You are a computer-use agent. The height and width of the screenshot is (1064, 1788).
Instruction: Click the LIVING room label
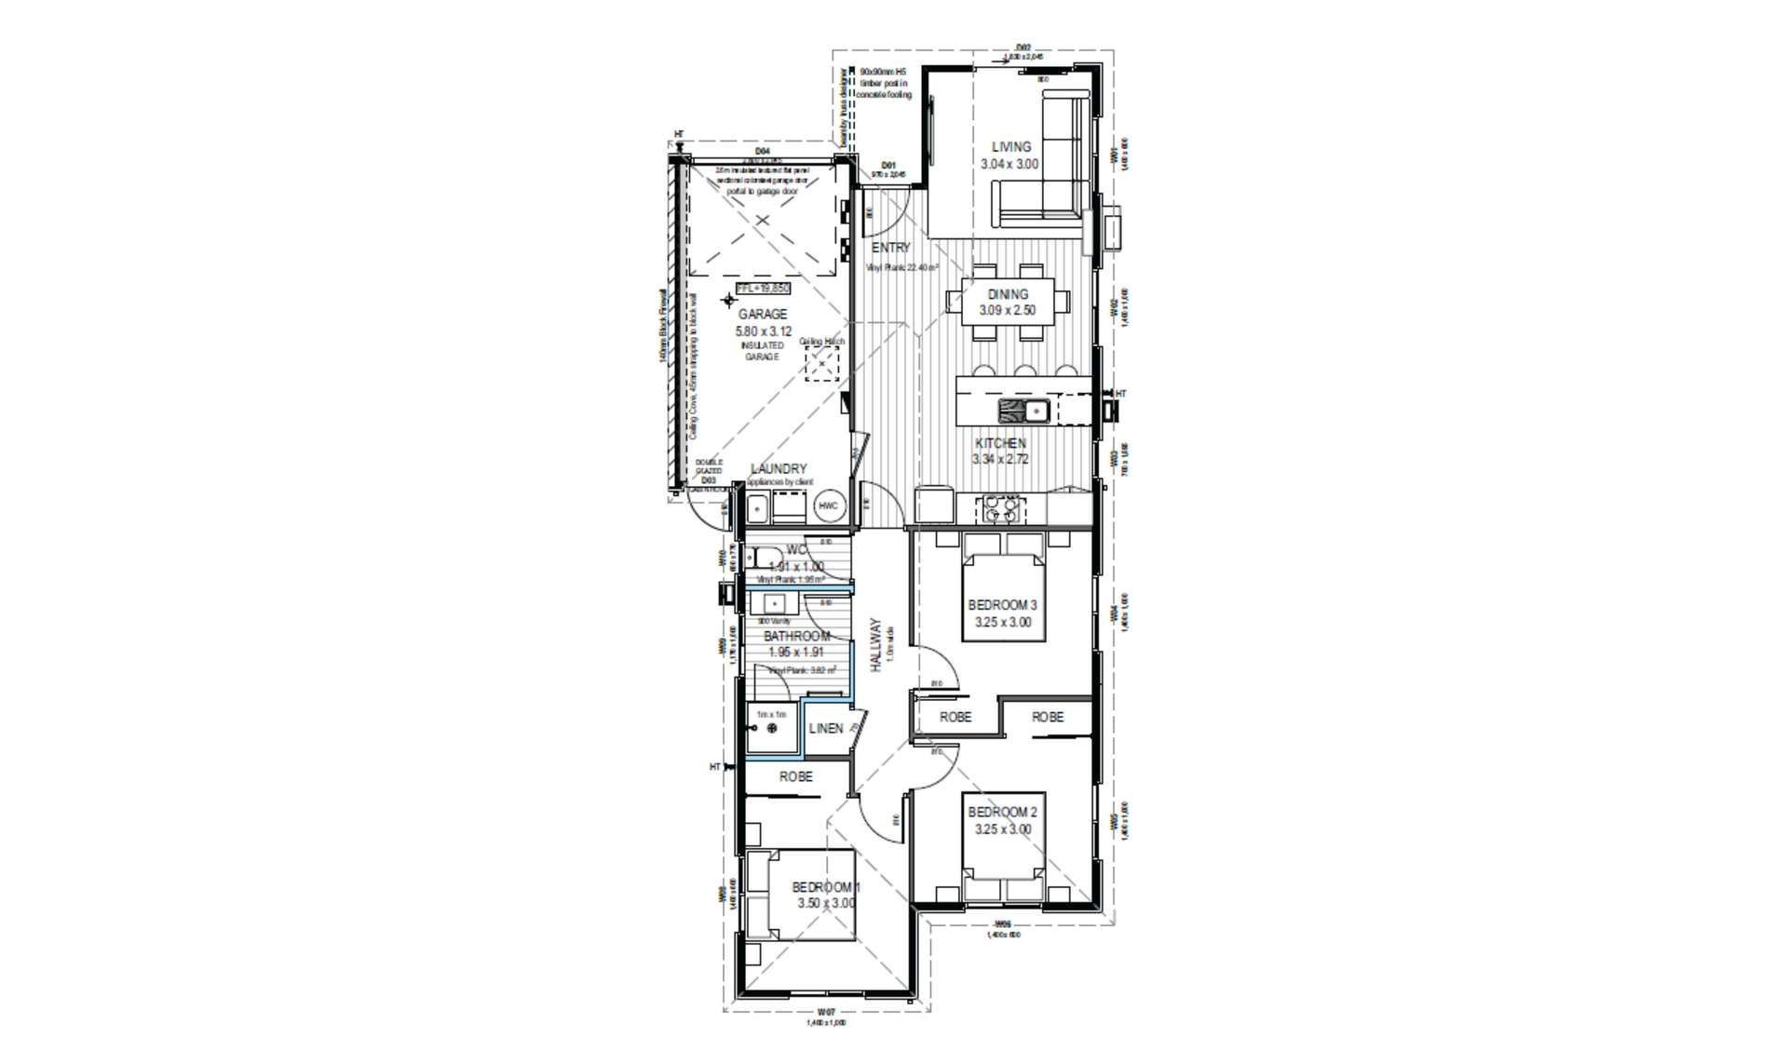1010,147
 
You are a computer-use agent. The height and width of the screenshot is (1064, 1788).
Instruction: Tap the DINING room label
1008,294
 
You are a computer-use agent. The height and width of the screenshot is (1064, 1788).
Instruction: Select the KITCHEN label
1000,443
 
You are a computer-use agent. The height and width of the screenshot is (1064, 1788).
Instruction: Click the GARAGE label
763,315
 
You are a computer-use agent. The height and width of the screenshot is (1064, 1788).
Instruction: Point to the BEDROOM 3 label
1002,606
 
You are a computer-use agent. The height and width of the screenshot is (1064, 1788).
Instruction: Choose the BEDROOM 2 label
1002,813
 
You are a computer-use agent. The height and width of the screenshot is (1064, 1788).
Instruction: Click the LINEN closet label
825,729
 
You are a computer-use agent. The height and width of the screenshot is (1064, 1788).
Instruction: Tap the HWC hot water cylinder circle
828,506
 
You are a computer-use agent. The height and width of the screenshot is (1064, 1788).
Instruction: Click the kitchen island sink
1023,410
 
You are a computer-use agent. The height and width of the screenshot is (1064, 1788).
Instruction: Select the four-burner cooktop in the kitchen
999,508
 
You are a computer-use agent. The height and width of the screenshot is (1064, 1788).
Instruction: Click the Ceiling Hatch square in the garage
821,364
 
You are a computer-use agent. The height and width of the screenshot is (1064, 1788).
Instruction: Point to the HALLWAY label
875,645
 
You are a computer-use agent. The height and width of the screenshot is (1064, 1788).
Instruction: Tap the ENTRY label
891,248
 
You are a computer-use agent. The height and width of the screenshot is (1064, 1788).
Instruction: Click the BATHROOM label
796,637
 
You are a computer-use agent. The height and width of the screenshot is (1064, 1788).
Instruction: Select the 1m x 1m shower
771,728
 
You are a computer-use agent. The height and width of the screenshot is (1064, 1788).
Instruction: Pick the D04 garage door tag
762,151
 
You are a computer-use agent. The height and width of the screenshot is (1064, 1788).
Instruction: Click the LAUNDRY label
778,469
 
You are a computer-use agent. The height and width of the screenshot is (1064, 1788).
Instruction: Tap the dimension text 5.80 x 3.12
763,331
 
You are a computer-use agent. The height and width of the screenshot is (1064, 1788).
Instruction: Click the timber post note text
886,83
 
